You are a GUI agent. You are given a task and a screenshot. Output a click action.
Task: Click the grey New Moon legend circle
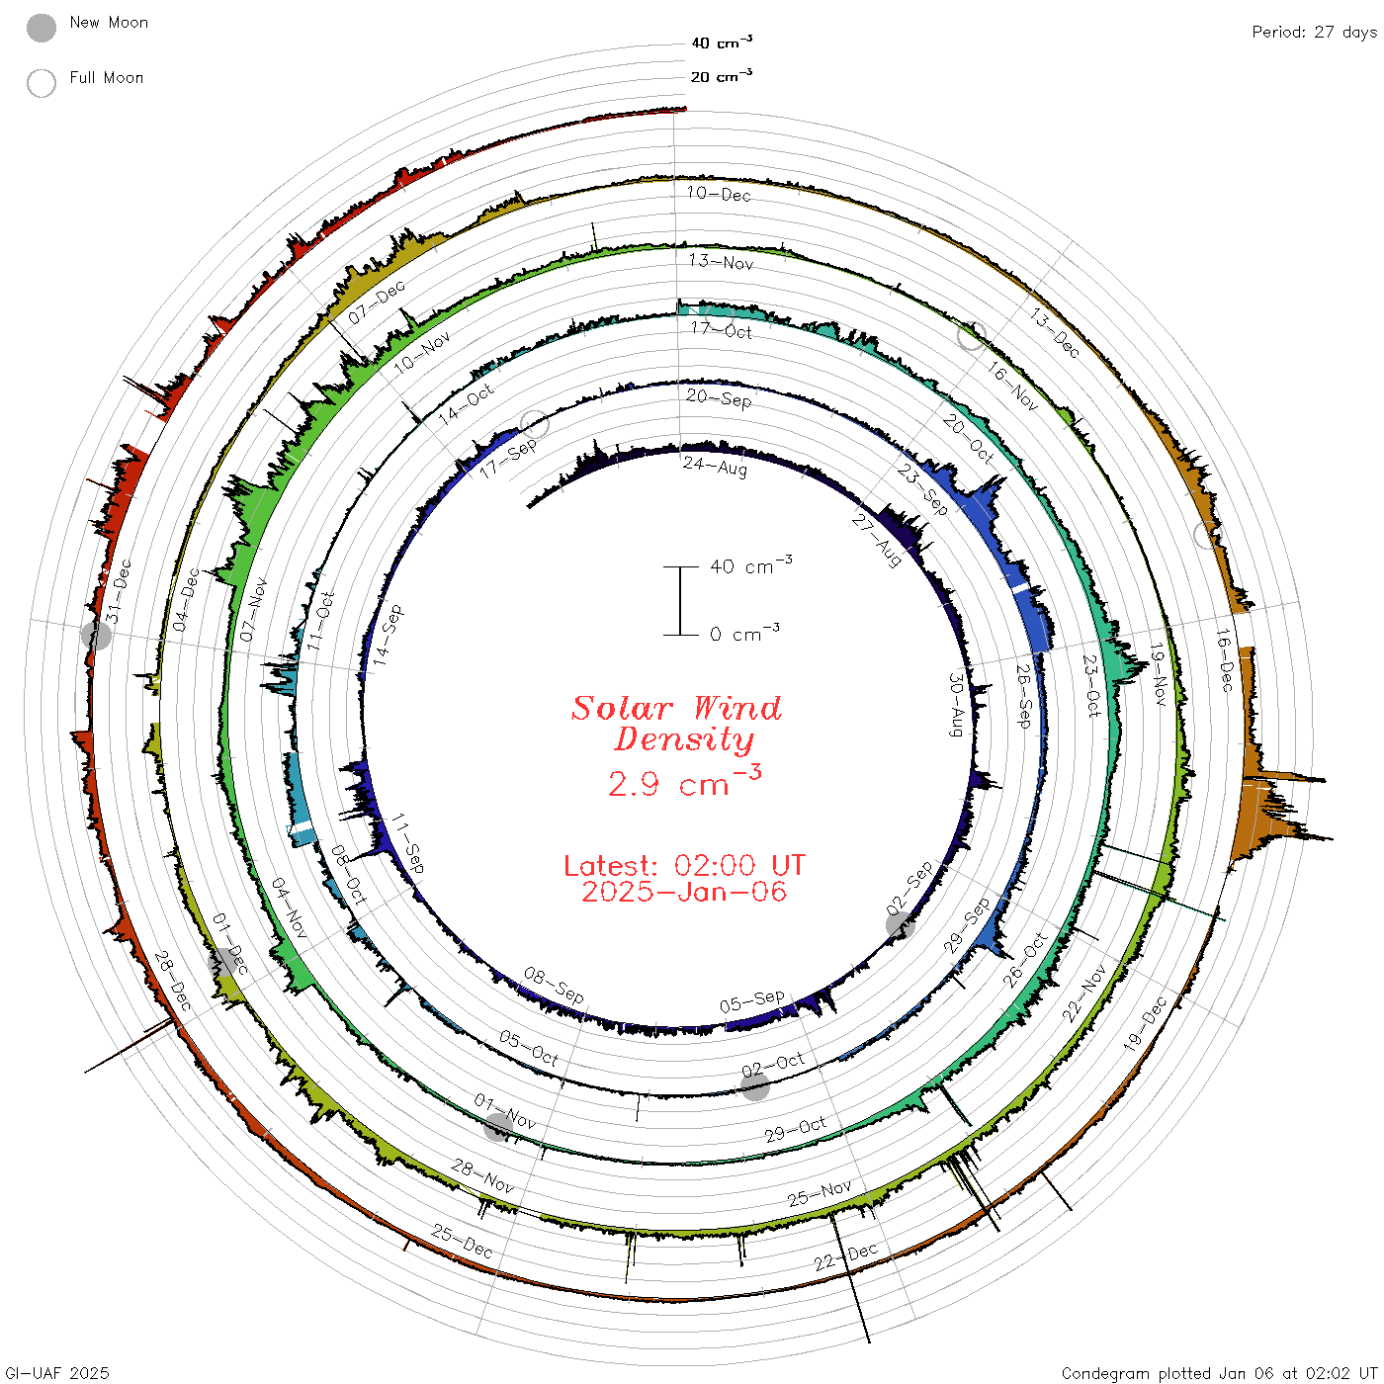point(41,28)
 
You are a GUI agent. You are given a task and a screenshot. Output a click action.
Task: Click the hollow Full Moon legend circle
point(41,83)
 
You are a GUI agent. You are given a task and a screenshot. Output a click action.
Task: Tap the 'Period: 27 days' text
point(1314,33)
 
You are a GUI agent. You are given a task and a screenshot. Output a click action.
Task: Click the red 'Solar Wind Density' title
point(676,724)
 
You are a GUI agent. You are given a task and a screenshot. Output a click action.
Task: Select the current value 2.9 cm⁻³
point(684,782)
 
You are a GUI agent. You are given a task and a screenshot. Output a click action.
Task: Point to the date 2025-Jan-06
point(684,892)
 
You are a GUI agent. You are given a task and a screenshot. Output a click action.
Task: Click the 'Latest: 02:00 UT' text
point(684,865)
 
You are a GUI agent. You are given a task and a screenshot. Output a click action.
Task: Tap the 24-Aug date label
point(715,467)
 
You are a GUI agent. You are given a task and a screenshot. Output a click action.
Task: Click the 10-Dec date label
point(719,194)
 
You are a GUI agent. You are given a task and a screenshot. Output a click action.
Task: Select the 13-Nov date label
point(721,261)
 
